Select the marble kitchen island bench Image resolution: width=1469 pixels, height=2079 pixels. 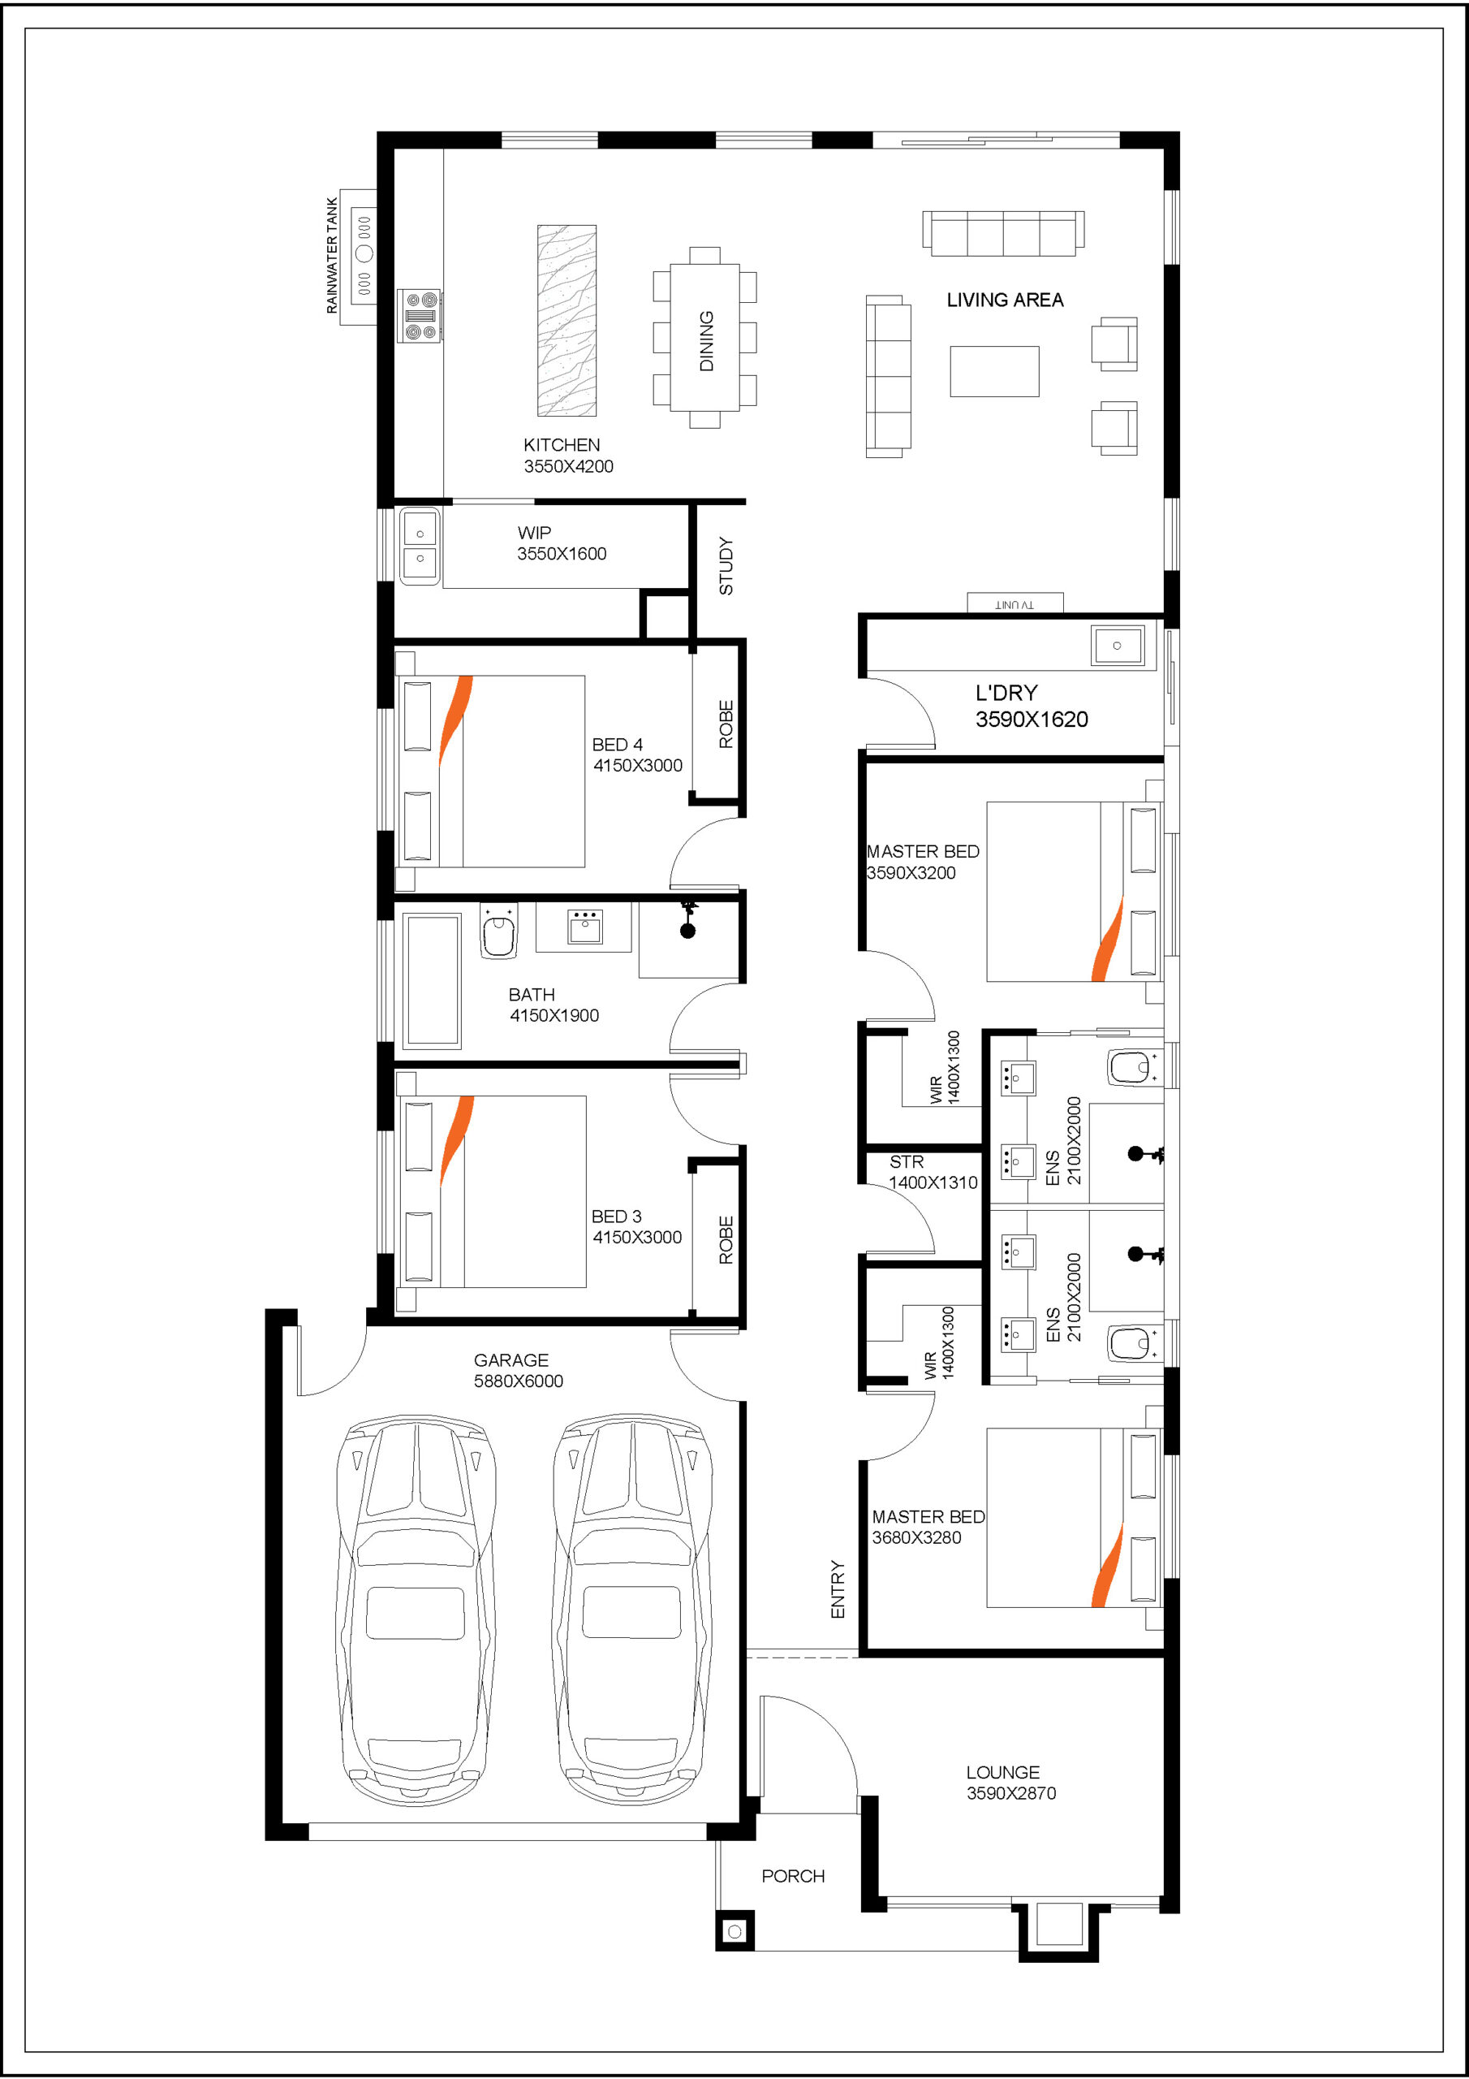tap(566, 321)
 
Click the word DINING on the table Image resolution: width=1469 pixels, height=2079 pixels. tap(706, 340)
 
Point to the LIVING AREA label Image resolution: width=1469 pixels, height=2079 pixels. tap(1005, 300)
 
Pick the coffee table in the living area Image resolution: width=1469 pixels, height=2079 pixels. tap(994, 371)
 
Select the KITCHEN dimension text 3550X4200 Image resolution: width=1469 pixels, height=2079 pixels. tap(568, 466)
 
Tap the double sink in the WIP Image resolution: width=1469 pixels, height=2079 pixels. tap(420, 546)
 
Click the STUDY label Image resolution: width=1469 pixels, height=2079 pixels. tap(726, 566)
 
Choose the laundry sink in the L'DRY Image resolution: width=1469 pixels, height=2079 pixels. tap(1117, 646)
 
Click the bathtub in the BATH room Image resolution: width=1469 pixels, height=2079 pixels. tap(433, 981)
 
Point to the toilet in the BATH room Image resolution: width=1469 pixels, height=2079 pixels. tap(498, 931)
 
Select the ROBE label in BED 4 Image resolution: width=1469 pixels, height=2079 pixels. tap(726, 724)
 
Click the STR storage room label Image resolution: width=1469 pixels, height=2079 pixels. tap(906, 1162)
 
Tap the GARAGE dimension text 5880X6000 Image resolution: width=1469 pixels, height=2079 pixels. tap(519, 1381)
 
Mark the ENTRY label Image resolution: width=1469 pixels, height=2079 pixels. tap(838, 1589)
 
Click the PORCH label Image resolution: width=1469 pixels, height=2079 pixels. tap(793, 1869)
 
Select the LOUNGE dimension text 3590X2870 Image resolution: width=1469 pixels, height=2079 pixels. tap(1011, 1793)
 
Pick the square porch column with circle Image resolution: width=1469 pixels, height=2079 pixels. tap(734, 1932)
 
